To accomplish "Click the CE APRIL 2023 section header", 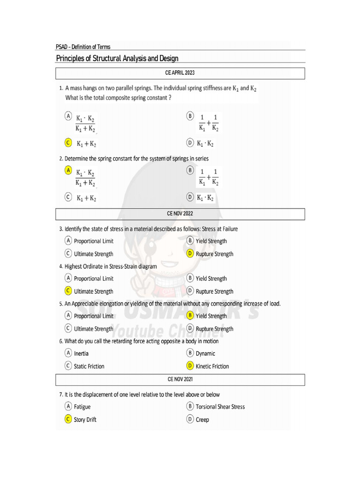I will point(180,73).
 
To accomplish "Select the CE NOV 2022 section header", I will point(180,213).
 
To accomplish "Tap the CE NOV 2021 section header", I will point(180,379).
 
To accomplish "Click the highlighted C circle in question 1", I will point(68,142).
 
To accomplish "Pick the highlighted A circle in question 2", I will point(68,171).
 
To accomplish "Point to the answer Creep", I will point(202,420).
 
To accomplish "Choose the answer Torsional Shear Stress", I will point(220,406).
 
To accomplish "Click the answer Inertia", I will point(81,353).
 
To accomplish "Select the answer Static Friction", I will point(89,366).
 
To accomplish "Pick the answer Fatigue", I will point(82,406).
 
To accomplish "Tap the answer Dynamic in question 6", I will point(205,353).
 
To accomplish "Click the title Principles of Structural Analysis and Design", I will point(117,58).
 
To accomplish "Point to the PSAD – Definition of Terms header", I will point(83,46).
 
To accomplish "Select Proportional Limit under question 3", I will point(93,241).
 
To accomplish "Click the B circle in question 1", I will point(190,115).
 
